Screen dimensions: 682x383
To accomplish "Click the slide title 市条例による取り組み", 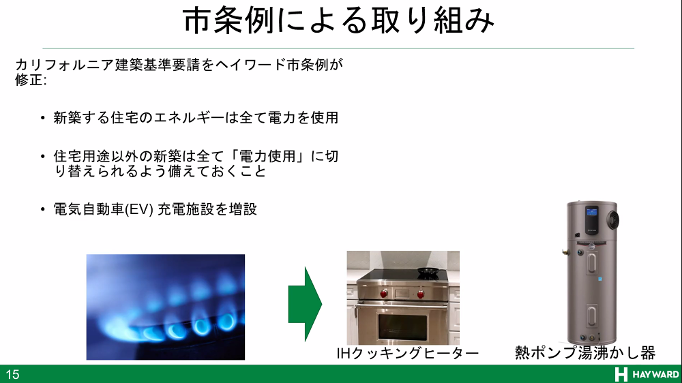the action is (339, 20).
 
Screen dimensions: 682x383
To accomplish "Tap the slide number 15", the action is (12, 374).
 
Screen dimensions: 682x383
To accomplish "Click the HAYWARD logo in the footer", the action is (647, 374).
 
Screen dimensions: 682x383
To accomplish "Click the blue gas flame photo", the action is (166, 307).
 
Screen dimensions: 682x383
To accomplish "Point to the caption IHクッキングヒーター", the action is (408, 353).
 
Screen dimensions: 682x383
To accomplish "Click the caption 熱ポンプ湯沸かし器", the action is (585, 352).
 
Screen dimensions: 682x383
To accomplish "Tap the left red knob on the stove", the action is (383, 294).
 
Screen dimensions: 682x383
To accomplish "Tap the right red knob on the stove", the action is (421, 294).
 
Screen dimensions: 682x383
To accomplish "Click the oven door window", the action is (403, 326).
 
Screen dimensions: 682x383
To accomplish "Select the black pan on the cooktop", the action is (427, 273).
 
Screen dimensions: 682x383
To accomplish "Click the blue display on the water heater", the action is (591, 213).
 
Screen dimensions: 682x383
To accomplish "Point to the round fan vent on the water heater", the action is (613, 220).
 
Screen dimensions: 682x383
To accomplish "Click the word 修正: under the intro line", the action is (31, 80).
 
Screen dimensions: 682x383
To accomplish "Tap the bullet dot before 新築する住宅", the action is (42, 118).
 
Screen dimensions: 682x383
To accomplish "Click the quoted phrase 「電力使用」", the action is (269, 156).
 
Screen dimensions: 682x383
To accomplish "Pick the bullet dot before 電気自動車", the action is (42, 209).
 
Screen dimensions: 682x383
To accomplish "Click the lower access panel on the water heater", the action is (592, 316).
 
